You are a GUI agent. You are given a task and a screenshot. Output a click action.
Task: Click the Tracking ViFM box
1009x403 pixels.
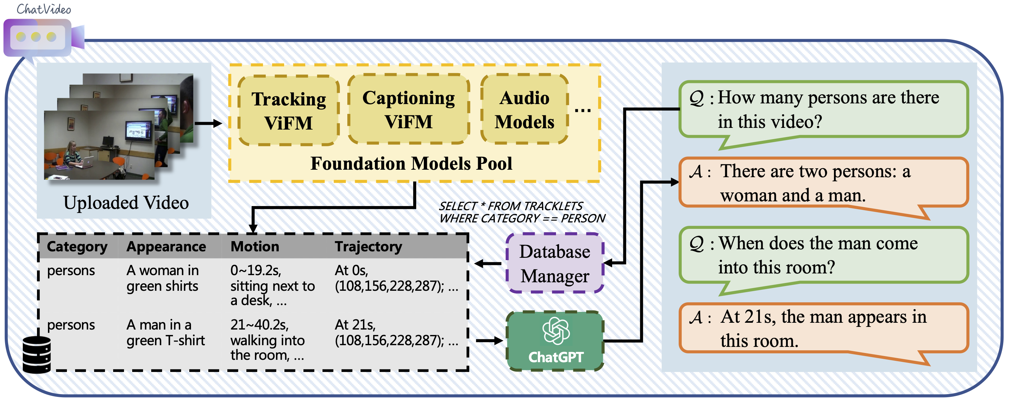[289, 111]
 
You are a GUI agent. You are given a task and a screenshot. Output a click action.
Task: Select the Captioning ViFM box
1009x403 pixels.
[408, 110]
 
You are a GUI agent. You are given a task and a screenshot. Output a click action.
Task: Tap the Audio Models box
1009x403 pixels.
[524, 110]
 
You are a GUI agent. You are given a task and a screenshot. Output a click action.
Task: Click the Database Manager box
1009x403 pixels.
[555, 264]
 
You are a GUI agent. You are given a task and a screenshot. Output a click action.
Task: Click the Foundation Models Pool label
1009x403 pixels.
[411, 164]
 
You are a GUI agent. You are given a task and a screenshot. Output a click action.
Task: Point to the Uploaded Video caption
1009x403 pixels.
[126, 203]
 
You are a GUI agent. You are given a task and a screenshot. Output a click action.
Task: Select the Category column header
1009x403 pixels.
[77, 247]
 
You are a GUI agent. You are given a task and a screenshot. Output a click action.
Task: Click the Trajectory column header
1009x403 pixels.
[368, 247]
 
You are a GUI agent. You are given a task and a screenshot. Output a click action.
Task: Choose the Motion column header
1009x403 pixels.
[255, 247]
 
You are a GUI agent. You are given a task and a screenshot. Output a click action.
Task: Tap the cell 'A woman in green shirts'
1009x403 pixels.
[162, 278]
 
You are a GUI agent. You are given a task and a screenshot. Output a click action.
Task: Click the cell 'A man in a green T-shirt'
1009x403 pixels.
[165, 333]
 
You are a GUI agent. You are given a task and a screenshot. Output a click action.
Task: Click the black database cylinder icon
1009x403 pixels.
[37, 354]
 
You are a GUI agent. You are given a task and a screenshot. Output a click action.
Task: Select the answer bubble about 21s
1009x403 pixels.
[822, 329]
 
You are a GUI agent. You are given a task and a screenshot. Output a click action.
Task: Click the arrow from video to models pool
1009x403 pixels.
[208, 123]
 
